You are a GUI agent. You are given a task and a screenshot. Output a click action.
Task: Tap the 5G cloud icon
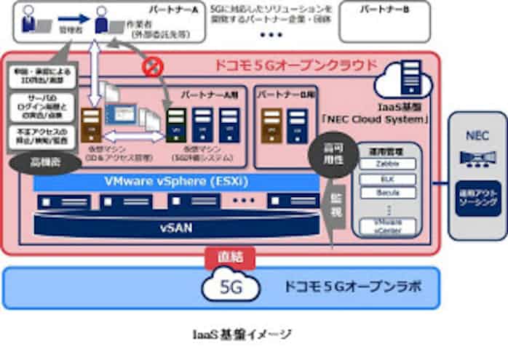tap(231, 286)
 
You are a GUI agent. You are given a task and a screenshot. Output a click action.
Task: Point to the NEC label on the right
tap(475, 136)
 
